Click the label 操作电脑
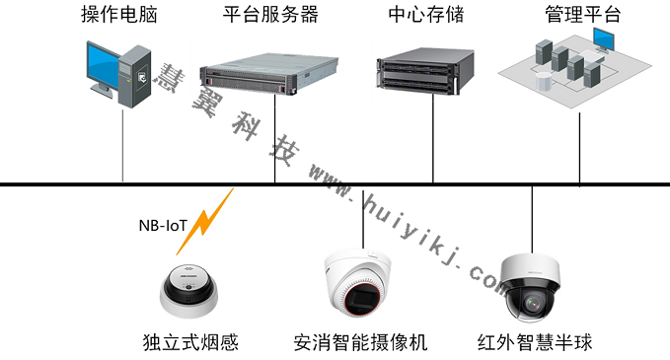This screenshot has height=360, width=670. click(118, 16)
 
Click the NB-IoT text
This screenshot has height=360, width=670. click(163, 225)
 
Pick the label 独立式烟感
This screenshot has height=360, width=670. click(190, 343)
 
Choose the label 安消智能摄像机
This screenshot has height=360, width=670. click(360, 343)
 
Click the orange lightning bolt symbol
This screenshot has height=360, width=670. click(214, 215)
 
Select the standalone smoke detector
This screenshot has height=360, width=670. click(189, 291)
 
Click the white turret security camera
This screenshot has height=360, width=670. click(359, 286)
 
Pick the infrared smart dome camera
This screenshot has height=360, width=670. click(532, 286)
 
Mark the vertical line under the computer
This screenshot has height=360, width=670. click(122, 148)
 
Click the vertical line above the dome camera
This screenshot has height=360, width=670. click(532, 217)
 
